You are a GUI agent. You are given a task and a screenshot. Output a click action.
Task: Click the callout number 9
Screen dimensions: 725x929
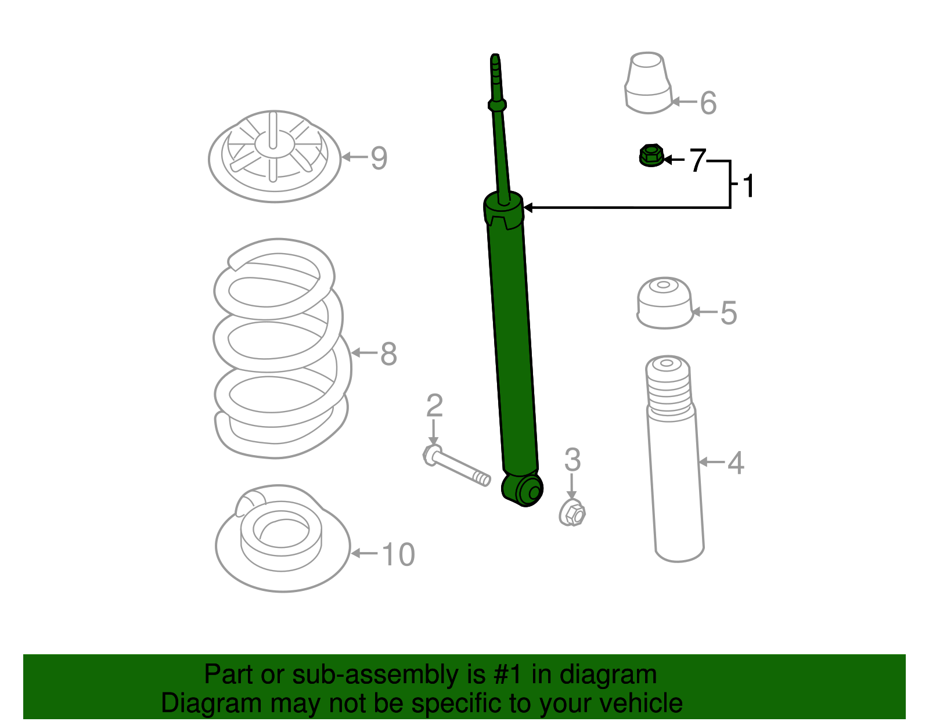(379, 158)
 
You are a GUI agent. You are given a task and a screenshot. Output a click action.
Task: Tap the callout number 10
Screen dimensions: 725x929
(398, 554)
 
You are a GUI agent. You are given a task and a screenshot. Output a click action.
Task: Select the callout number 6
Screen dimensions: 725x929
(708, 103)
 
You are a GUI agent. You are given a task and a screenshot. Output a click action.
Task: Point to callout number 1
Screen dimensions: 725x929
(748, 186)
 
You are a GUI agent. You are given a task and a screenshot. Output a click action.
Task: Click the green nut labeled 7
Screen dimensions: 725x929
(651, 156)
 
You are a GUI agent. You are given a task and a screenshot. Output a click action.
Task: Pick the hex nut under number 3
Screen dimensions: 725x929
(572, 513)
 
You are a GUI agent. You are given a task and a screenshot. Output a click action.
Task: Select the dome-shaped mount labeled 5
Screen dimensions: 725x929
(664, 303)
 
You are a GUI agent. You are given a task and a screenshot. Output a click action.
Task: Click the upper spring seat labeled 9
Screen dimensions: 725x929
(274, 157)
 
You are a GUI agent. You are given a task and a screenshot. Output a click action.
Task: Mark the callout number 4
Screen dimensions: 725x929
(735, 463)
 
